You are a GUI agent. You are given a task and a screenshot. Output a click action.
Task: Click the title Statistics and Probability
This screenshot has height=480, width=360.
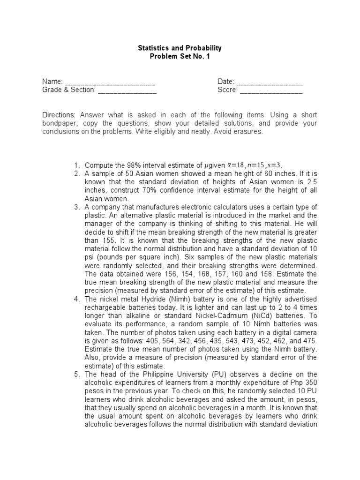click(x=180, y=48)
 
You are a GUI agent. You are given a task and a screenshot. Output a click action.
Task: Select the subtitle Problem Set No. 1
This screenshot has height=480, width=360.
click(x=180, y=56)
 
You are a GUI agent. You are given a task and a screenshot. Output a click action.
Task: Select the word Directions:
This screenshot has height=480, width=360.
click(x=59, y=115)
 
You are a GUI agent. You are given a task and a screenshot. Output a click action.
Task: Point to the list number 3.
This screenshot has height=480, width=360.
click(x=77, y=207)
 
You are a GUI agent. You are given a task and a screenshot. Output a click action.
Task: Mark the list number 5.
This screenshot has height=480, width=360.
click(x=77, y=374)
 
